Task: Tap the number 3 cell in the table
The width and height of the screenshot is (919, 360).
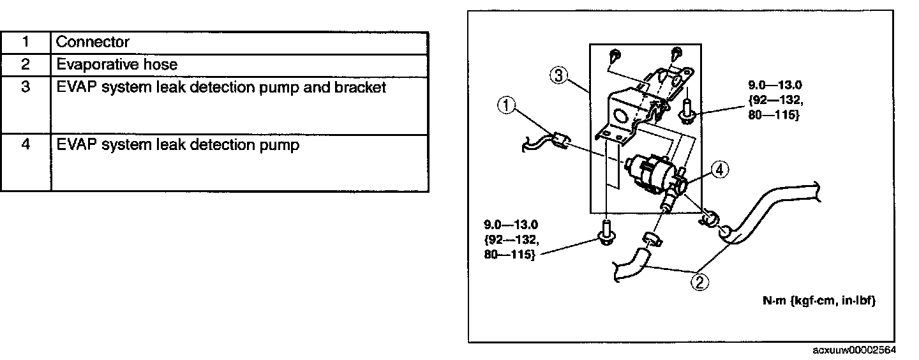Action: [x=26, y=87]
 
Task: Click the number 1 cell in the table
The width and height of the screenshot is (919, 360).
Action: [x=26, y=43]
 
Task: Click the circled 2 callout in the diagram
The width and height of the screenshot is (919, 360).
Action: [x=699, y=281]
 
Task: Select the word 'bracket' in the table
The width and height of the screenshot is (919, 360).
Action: [x=361, y=87]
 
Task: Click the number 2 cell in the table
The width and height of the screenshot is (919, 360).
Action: [x=26, y=65]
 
